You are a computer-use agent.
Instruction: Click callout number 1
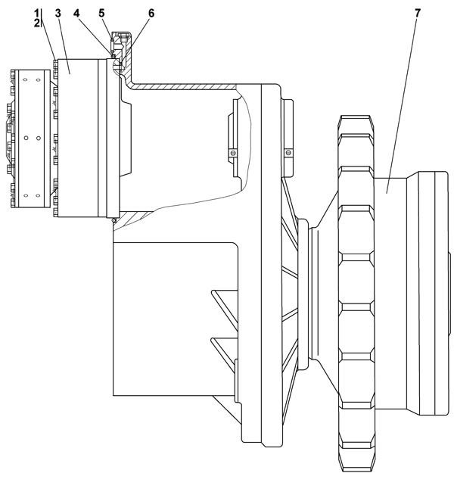(37, 14)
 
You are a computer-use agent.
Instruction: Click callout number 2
(37, 23)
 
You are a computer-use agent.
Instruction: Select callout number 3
(58, 14)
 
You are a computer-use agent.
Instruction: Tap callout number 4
(76, 14)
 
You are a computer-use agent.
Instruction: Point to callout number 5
(101, 14)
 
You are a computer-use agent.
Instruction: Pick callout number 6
(151, 14)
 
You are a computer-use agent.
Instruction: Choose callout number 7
(418, 14)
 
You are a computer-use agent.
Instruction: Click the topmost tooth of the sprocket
(356, 124)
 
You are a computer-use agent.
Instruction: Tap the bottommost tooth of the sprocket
(356, 461)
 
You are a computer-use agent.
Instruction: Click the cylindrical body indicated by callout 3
(78, 138)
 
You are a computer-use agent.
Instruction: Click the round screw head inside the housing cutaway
(233, 153)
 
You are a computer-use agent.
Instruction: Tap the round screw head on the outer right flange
(288, 153)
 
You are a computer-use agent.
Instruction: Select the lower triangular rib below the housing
(225, 352)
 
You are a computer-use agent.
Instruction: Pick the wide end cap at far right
(433, 293)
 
